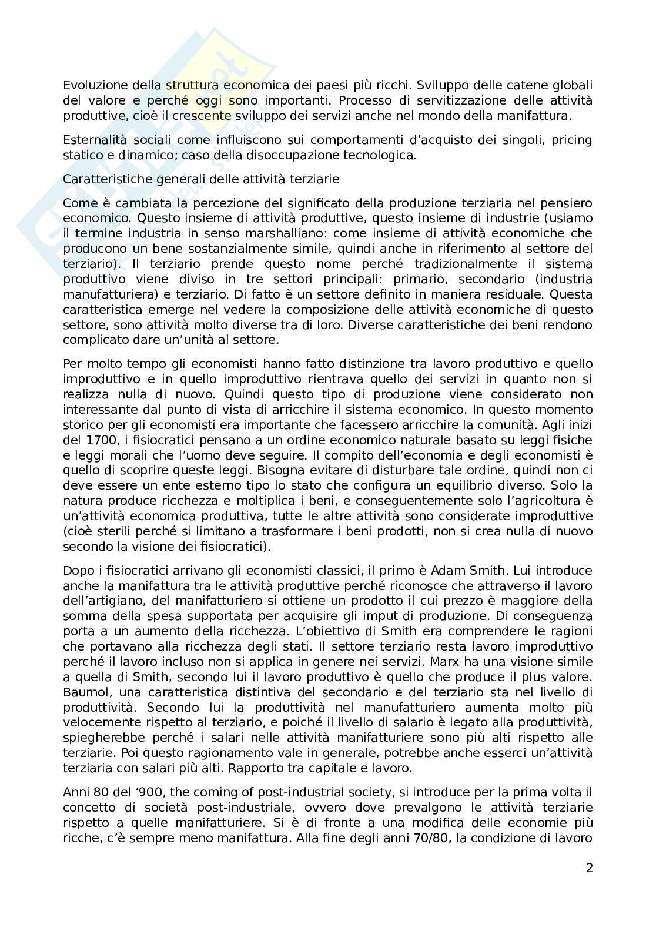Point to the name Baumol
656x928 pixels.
82,692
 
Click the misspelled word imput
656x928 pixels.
407,616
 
